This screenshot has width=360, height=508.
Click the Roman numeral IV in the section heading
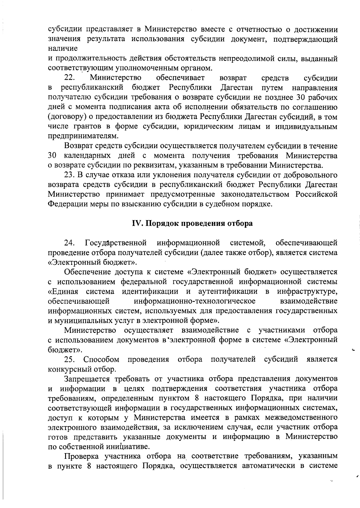137,224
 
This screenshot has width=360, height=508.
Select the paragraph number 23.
69,175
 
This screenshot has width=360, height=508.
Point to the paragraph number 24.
70,242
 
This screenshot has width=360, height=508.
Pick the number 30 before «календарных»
52,156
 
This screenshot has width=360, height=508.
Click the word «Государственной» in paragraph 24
116,242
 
